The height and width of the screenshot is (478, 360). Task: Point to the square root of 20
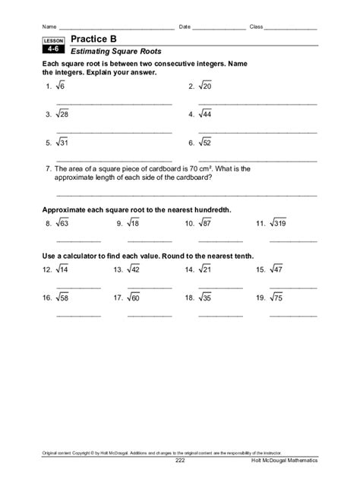click(x=205, y=87)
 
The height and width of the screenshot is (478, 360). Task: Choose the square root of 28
click(x=62, y=115)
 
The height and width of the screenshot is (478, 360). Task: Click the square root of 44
click(x=205, y=115)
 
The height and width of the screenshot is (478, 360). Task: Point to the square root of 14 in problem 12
click(x=62, y=269)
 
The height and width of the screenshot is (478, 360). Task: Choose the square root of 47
click(x=278, y=269)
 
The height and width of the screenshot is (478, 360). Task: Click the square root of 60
click(x=133, y=298)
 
